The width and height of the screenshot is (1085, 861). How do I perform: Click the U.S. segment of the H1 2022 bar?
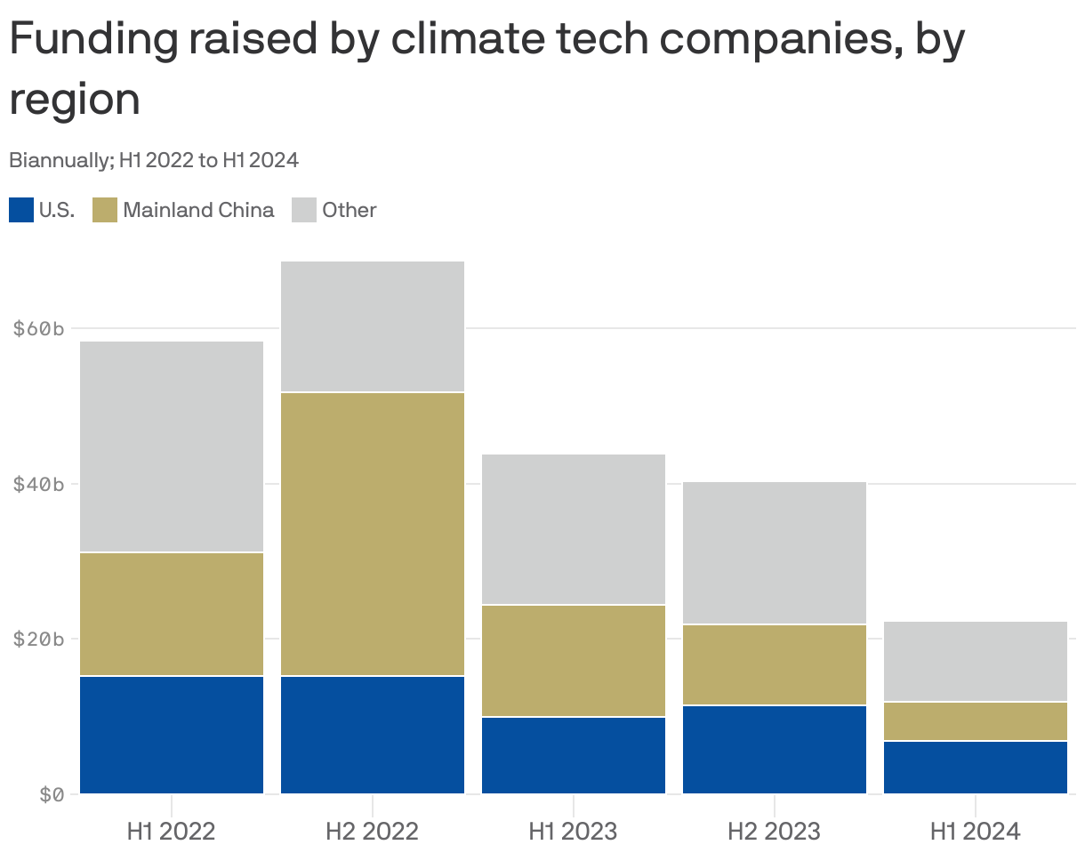pos(172,735)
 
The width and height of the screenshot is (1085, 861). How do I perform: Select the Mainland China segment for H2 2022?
pos(373,534)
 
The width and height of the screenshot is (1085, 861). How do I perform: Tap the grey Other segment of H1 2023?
pos(574,529)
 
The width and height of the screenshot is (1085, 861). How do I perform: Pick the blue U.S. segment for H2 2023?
pos(775,750)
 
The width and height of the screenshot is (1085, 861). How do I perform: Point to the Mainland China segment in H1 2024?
pos(976,721)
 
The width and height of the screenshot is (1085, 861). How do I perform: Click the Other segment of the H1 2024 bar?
pos(976,662)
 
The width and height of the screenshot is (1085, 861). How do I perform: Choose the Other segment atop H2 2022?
pos(373,326)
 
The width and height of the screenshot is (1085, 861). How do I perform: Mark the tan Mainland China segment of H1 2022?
pos(172,615)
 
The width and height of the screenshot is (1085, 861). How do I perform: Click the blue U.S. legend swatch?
pos(21,210)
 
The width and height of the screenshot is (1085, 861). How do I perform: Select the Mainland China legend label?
pos(198,210)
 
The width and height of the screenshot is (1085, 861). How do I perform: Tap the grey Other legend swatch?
pos(304,210)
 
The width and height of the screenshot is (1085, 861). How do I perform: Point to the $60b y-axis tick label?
pos(39,329)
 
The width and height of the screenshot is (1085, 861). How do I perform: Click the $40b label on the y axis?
pos(39,485)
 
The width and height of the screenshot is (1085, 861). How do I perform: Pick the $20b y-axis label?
pos(39,640)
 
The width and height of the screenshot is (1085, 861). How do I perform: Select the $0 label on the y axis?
pos(52,794)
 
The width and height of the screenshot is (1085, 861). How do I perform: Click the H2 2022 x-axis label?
pos(372,832)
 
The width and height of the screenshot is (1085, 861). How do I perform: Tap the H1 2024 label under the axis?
pos(975,832)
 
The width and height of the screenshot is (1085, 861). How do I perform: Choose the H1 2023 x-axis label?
pos(573,832)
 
